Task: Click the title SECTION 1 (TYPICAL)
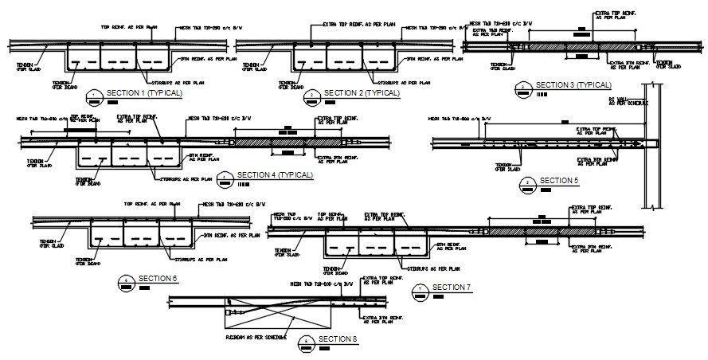tap(144, 94)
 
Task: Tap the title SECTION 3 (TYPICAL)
tap(573, 84)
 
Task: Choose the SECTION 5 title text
tap(559, 181)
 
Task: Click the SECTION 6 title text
tap(158, 278)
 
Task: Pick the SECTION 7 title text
tap(452, 288)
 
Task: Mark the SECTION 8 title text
tap(338, 340)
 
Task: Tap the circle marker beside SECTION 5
tap(528, 184)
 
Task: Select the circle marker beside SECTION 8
tap(307, 342)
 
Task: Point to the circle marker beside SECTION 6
tap(127, 281)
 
